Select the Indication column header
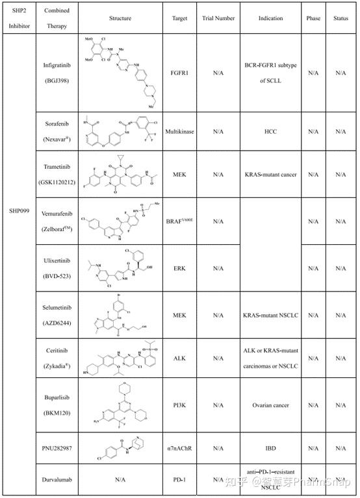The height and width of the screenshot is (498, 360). point(270,18)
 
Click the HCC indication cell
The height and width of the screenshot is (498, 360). point(270,131)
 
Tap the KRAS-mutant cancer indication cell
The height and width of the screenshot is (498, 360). point(270,175)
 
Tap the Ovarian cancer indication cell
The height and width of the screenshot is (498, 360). point(270,406)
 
